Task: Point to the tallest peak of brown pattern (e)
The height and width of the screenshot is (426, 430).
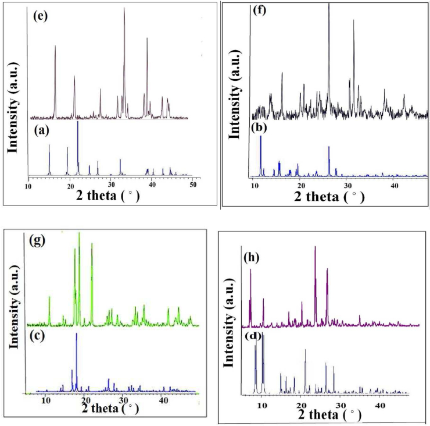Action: pyautogui.click(x=124, y=8)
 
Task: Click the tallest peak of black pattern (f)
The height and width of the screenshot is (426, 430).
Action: pyautogui.click(x=329, y=5)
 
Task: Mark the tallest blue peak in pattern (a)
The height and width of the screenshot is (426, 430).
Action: pyautogui.click(x=78, y=122)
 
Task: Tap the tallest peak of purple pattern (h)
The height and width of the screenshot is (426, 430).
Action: pyautogui.click(x=315, y=247)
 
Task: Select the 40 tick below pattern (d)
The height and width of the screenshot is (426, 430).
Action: pyautogui.click(x=380, y=404)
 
